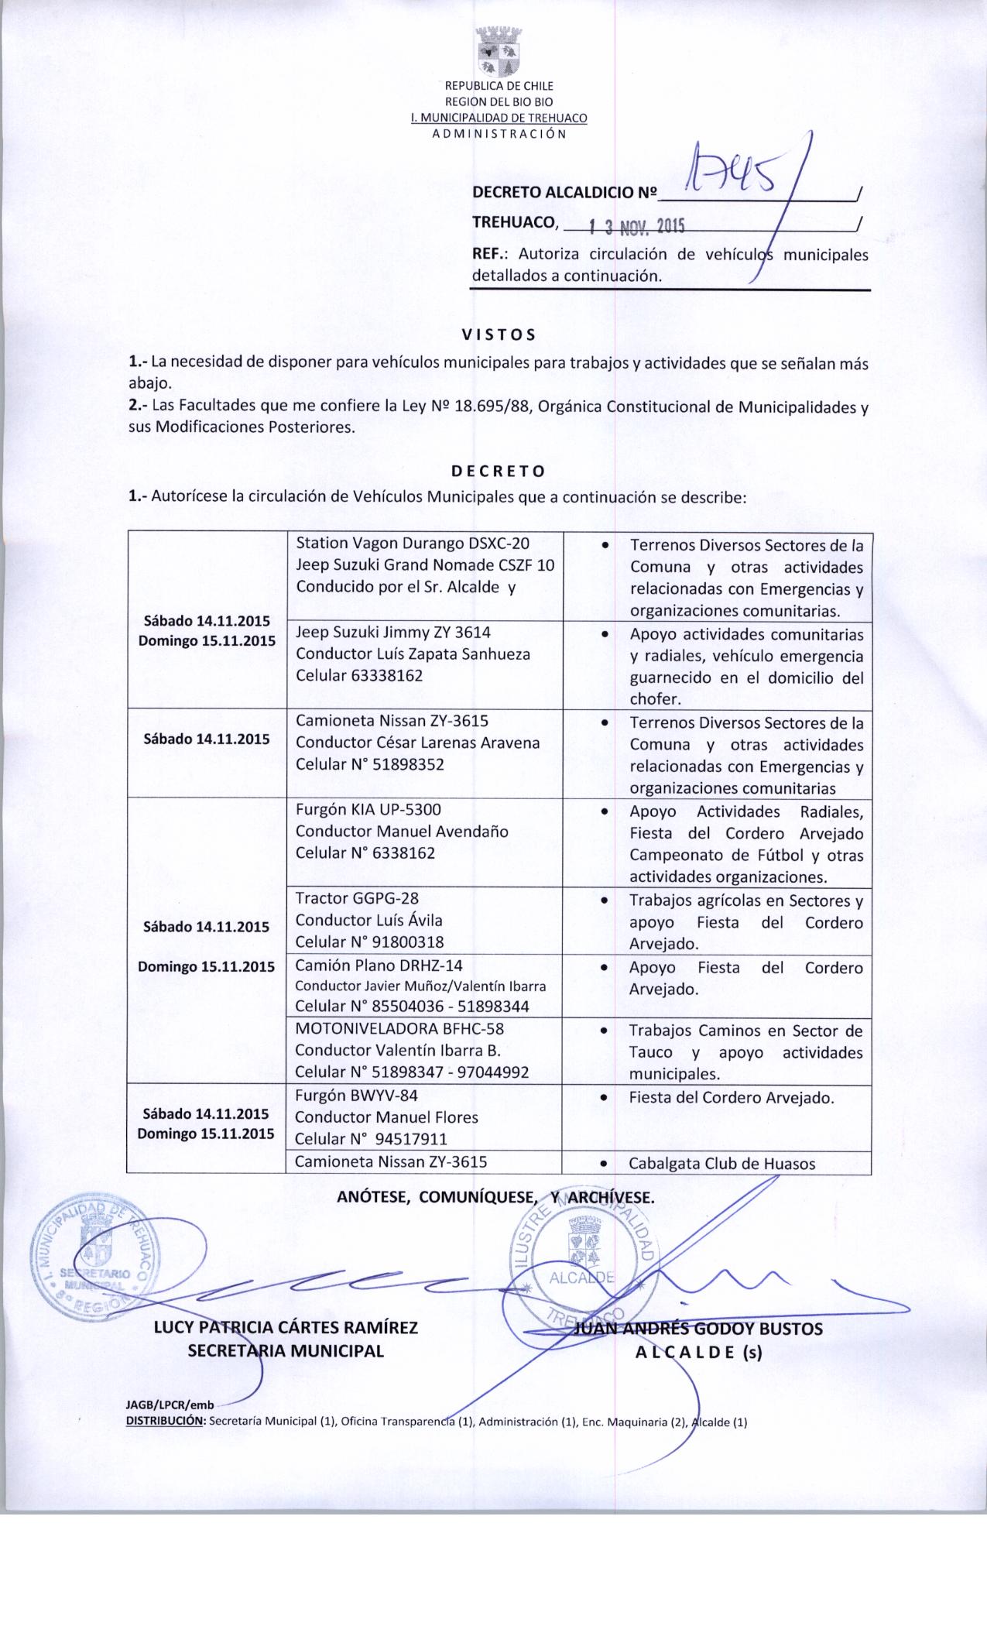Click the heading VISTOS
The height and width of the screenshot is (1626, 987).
(x=499, y=335)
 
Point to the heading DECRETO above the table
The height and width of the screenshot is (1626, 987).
(x=499, y=471)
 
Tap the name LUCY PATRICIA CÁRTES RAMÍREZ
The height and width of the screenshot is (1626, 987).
(x=286, y=1328)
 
